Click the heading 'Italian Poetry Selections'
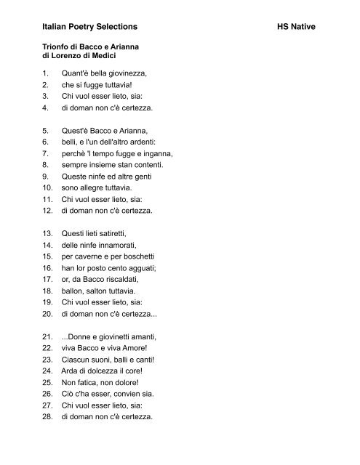tap(89, 25)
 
